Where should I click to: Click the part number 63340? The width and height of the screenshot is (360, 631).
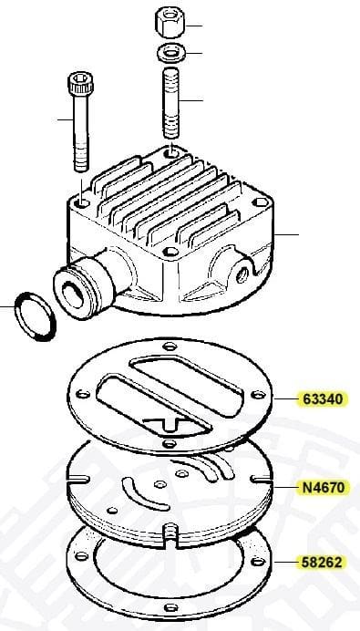[x=323, y=399]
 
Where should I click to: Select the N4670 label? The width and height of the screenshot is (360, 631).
[x=324, y=488]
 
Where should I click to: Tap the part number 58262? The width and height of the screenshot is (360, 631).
[x=323, y=563]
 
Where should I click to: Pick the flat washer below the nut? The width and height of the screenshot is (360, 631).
[x=171, y=53]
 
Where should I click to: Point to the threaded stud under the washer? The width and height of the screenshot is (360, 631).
[x=171, y=103]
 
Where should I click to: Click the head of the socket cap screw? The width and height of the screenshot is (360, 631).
[x=80, y=83]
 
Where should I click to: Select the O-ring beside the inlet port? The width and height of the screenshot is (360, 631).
[x=35, y=316]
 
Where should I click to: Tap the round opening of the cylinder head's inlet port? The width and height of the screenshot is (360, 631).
[x=73, y=295]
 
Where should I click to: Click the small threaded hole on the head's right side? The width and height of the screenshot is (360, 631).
[x=242, y=275]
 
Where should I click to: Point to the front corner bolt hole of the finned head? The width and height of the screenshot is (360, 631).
[x=171, y=252]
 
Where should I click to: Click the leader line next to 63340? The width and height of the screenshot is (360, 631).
[x=286, y=398]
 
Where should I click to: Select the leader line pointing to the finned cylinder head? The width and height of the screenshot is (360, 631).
[x=286, y=234]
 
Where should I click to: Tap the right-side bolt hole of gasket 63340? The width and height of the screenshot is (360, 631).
[x=258, y=395]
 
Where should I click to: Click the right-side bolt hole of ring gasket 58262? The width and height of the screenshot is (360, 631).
[x=258, y=562]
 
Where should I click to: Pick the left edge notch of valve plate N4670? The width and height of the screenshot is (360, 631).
[x=78, y=480]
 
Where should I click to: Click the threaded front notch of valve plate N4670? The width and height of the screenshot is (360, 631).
[x=170, y=533]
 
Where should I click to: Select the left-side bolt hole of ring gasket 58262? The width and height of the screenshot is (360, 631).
[x=81, y=556]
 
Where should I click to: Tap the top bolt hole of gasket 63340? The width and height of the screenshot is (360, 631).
[x=170, y=346]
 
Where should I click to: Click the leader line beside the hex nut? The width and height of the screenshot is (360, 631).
[x=194, y=26]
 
